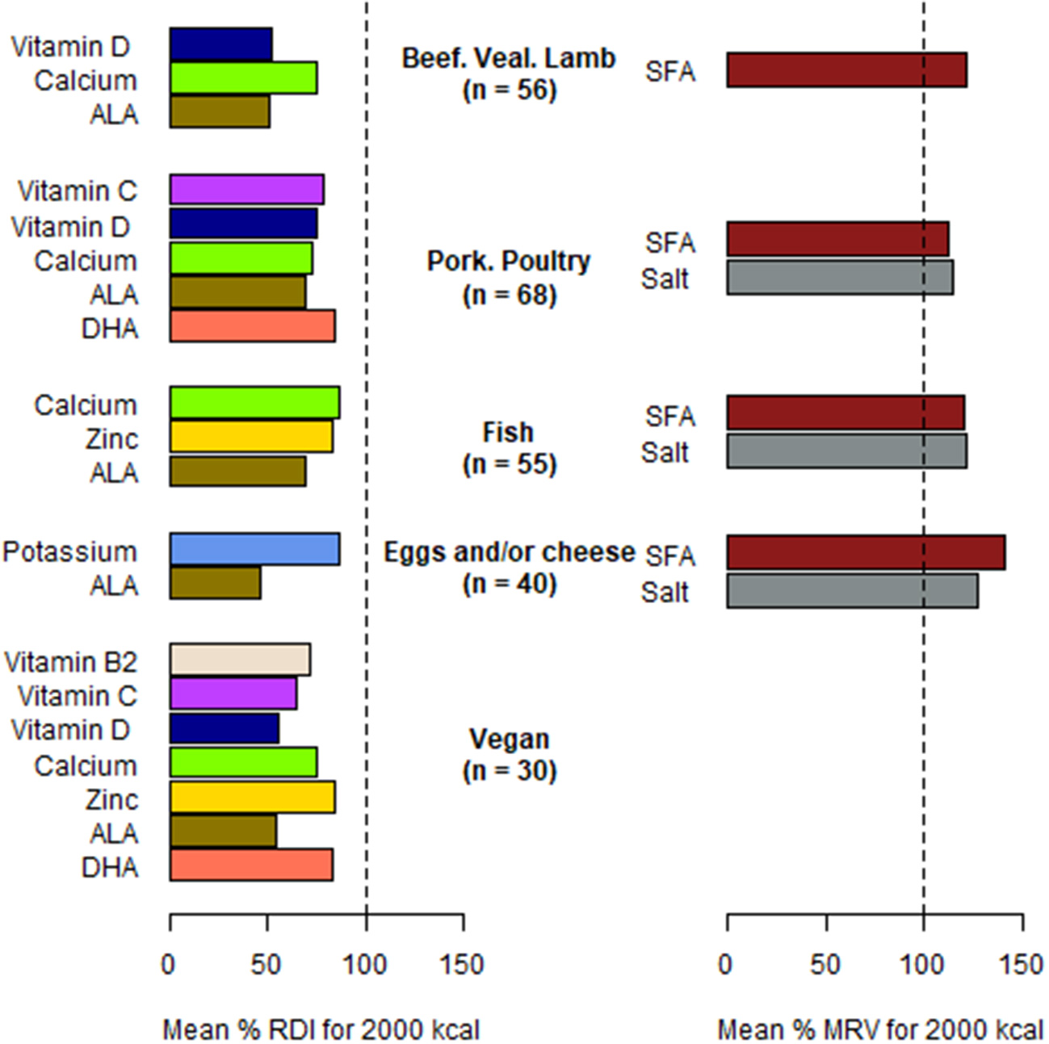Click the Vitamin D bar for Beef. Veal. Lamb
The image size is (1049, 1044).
tap(220, 44)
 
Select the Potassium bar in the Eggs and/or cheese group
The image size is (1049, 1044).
tap(254, 549)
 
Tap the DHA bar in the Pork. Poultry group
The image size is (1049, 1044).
tap(252, 326)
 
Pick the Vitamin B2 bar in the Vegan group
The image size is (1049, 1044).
tap(240, 660)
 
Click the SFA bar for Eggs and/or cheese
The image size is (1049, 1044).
tap(866, 552)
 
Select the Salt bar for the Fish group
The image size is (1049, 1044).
tap(846, 451)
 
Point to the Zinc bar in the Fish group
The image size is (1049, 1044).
tap(251, 437)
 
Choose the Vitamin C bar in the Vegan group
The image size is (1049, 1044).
tap(233, 694)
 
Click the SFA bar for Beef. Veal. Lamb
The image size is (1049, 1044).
tap(846, 70)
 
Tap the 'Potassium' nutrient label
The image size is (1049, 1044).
tap(70, 552)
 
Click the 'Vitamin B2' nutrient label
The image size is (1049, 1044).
tap(71, 662)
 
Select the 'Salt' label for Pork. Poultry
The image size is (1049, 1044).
tap(665, 279)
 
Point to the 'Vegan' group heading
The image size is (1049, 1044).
tap(509, 739)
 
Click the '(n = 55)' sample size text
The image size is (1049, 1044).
tap(510, 464)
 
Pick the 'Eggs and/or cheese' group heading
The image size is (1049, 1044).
tap(509, 552)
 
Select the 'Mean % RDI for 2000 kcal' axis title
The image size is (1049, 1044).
tap(321, 1029)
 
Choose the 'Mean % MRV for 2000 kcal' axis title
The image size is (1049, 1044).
tap(879, 1029)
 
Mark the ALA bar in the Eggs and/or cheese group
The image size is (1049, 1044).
tap(215, 583)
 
